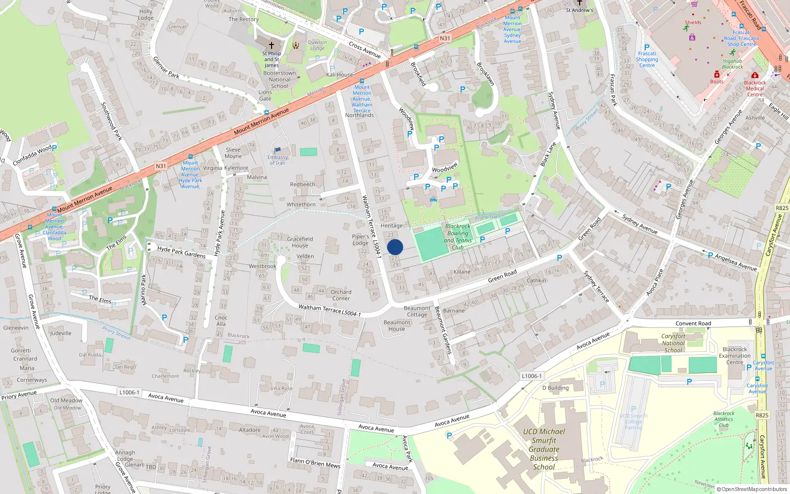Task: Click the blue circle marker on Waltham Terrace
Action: point(395,247)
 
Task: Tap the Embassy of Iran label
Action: point(277,160)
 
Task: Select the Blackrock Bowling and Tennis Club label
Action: point(458,237)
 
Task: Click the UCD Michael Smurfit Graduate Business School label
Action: point(544,449)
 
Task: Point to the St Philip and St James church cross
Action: point(271,45)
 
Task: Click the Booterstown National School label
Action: point(279,80)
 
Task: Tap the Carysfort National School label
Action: point(673,343)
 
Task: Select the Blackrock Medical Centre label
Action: point(755,88)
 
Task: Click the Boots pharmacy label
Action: point(717,82)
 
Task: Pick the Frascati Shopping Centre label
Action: point(647,59)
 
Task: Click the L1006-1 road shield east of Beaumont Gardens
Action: point(531,376)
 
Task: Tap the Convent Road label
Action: point(693,324)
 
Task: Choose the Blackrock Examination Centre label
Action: point(735,356)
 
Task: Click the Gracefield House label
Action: point(300,242)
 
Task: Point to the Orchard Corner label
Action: point(341,295)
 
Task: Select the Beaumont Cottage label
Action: point(417,311)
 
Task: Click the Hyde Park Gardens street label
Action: point(181,252)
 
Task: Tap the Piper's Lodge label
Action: point(360,240)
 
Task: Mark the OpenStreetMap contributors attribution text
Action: point(752,489)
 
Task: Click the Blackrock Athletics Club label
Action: point(724,419)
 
